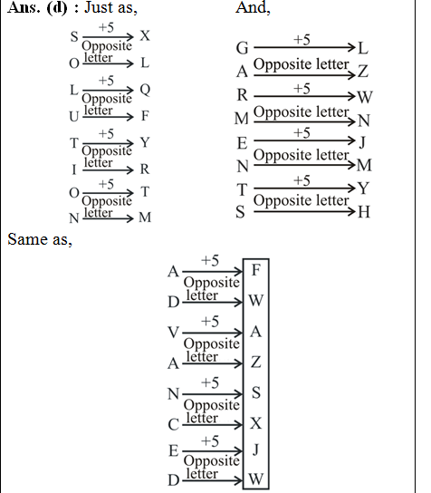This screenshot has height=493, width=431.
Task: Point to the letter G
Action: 242,47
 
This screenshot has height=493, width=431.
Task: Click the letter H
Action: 363,211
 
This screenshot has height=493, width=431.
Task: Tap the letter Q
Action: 145,90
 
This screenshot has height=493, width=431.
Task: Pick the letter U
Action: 74,117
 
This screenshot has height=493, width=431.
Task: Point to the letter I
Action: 74,169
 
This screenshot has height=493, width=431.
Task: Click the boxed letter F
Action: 256,269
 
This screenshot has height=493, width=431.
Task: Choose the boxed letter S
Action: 256,391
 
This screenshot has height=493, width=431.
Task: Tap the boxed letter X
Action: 256,423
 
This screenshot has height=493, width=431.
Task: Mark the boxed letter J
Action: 256,448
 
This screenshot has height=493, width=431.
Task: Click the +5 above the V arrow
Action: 210,321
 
